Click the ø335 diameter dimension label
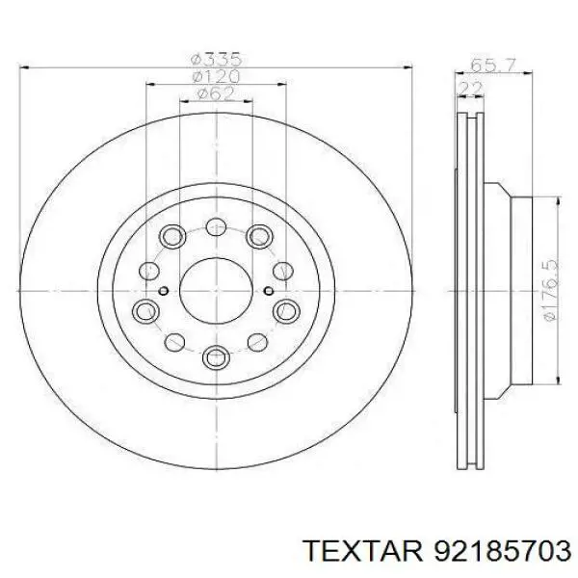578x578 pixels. (x=217, y=59)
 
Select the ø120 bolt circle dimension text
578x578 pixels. (x=217, y=77)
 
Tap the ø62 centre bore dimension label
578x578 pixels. (x=217, y=94)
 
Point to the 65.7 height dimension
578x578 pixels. (x=493, y=66)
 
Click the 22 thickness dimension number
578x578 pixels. (x=470, y=89)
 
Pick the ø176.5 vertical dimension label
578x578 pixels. (x=551, y=291)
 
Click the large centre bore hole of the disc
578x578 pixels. (x=217, y=291)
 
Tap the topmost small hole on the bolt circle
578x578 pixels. (x=216, y=226)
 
